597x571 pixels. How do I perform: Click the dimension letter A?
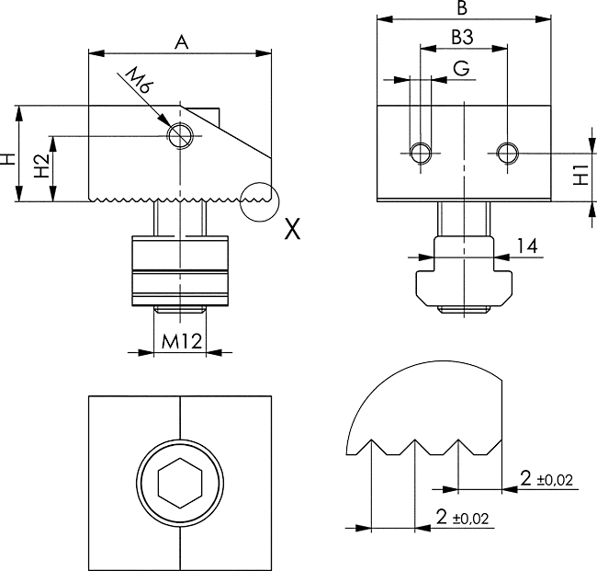pyautogui.click(x=181, y=40)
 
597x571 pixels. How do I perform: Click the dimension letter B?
pyautogui.click(x=463, y=8)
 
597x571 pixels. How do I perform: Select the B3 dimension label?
pyautogui.click(x=463, y=38)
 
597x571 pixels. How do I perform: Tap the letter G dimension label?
pyautogui.click(x=462, y=68)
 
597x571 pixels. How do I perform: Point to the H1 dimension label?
pyautogui.click(x=580, y=175)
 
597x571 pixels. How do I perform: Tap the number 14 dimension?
pyautogui.click(x=526, y=246)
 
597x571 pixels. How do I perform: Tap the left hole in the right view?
pyautogui.click(x=421, y=153)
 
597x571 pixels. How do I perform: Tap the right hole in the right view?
pyautogui.click(x=506, y=152)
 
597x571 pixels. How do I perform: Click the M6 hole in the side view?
pyautogui.click(x=180, y=135)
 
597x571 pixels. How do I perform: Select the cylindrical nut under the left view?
pyautogui.click(x=181, y=270)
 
